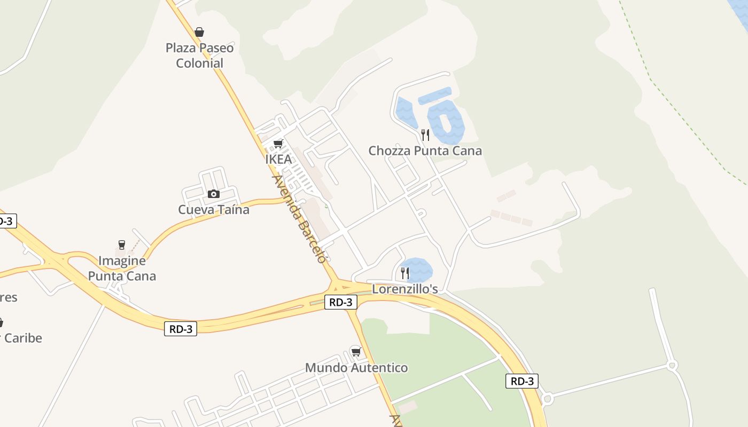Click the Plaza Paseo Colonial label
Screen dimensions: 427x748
[199, 56]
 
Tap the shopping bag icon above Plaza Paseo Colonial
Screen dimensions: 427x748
[199, 32]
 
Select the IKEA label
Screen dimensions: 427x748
[278, 159]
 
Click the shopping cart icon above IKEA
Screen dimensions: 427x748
[278, 144]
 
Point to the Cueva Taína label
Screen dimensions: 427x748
[214, 209]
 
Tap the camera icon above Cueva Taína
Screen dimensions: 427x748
[214, 194]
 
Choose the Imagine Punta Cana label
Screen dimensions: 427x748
[122, 268]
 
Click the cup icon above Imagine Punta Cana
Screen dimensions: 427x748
[122, 245]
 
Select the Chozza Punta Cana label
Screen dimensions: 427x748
[425, 151]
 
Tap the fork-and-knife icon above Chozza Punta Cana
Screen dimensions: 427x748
[425, 135]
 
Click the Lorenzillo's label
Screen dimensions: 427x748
[405, 289]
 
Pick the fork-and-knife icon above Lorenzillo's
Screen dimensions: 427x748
[405, 273]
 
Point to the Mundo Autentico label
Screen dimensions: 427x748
[356, 368]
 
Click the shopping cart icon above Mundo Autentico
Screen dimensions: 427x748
[356, 352]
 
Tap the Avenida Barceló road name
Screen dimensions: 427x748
[299, 219]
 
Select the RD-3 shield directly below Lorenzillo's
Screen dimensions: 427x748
[341, 302]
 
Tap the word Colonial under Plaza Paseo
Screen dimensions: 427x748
[199, 63]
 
